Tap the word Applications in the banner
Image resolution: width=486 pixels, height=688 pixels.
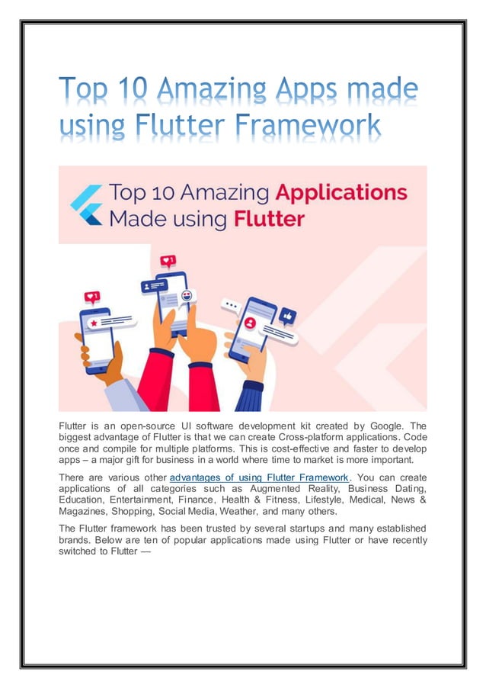(341, 193)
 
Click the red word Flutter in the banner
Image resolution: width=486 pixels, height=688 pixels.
(270, 220)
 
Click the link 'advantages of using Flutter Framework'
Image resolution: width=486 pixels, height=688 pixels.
(257, 477)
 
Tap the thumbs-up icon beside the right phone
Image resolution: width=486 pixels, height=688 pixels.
(288, 315)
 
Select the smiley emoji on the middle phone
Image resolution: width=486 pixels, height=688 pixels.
(187, 296)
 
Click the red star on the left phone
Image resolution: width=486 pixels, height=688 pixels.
(93, 323)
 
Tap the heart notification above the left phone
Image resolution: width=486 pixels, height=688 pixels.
(92, 297)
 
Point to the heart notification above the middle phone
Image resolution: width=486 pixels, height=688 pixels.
(168, 261)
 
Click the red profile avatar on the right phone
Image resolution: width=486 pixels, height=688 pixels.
(249, 323)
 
